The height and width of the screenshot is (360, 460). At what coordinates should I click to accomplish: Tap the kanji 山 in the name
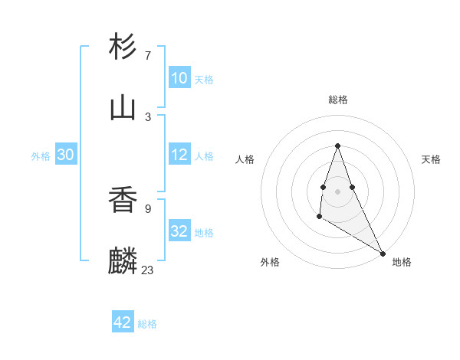pos(123,108)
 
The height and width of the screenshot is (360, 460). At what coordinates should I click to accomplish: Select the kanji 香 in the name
pos(123,201)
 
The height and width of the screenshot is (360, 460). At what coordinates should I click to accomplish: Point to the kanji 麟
pos(123,261)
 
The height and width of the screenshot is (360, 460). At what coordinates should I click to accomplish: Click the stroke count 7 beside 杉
pos(148,56)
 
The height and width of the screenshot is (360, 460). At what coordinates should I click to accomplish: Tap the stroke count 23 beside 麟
pos(148,270)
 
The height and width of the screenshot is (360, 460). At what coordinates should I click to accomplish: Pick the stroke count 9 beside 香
pos(148,208)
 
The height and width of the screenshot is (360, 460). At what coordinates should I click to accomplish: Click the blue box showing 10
pos(179,78)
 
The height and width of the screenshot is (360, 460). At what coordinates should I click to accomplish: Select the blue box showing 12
pos(179,155)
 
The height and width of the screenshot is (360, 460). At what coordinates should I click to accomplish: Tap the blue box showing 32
pos(179,231)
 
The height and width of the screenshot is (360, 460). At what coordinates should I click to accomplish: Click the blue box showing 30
pos(66,155)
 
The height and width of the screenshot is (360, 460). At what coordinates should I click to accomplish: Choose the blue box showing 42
pos(123,322)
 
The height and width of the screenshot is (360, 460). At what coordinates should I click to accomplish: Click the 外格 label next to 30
pos(41,156)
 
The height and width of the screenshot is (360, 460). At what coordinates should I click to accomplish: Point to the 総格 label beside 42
pos(147,324)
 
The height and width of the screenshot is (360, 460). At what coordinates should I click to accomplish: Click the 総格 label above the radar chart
pos(338,100)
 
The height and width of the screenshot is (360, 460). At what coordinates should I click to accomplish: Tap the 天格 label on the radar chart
pos(432,159)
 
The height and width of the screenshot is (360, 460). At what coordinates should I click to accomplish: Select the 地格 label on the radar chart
pos(402,262)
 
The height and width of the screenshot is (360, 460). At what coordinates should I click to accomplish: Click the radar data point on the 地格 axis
pos(383,253)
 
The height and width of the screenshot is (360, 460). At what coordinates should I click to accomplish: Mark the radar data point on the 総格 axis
pos(338,146)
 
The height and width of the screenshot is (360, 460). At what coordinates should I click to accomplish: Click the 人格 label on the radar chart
pos(245,159)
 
